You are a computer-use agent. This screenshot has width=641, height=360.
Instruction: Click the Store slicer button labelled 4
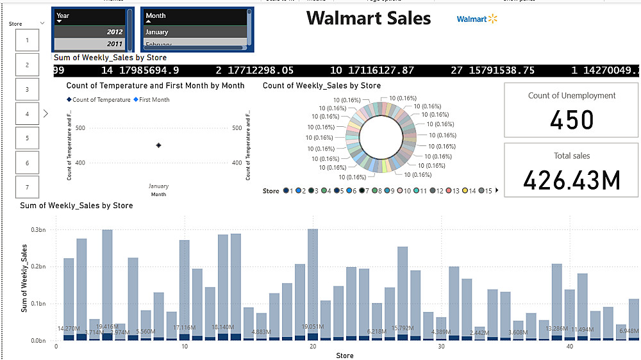pyautogui.click(x=27, y=113)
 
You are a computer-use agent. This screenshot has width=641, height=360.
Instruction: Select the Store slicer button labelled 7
pyautogui.click(x=27, y=187)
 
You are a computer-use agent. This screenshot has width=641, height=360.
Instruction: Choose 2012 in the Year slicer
pyautogui.click(x=90, y=32)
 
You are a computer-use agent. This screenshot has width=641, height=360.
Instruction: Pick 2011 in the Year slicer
pyautogui.click(x=90, y=44)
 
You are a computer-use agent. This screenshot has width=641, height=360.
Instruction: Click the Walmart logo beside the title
pyautogui.click(x=477, y=19)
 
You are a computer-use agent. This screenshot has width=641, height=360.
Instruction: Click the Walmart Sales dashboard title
pyautogui.click(x=369, y=19)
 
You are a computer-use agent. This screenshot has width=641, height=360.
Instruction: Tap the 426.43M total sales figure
pyautogui.click(x=572, y=181)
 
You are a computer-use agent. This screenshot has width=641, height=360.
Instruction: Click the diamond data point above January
pyautogui.click(x=158, y=145)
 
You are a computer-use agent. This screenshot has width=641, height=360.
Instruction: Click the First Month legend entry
pyautogui.click(x=151, y=100)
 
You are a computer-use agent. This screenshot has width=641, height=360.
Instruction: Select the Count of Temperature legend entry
pyautogui.click(x=101, y=100)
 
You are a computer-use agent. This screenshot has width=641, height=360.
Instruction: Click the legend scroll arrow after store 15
pyautogui.click(x=497, y=191)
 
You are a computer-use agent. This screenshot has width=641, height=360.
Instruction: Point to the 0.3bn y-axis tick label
pyautogui.click(x=40, y=229)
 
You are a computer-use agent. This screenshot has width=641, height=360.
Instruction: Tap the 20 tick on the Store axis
pyautogui.click(x=313, y=347)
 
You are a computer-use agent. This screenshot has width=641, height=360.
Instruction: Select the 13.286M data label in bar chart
pyautogui.click(x=556, y=329)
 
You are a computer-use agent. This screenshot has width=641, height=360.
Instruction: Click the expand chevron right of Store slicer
pyautogui.click(x=46, y=113)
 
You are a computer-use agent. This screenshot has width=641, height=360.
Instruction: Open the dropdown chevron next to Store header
pyautogui.click(x=42, y=23)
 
